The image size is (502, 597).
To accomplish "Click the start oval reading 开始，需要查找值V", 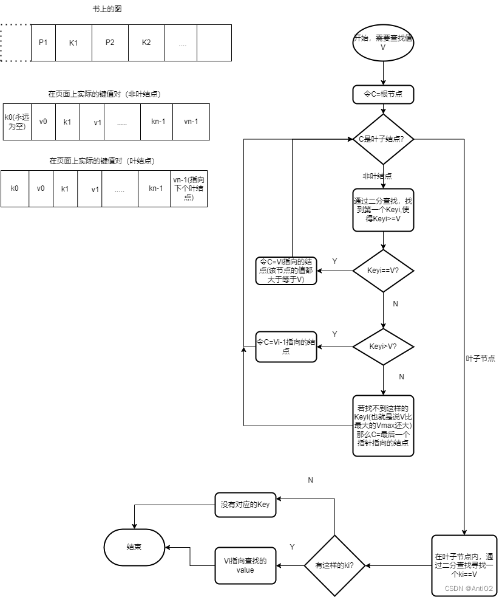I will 383,43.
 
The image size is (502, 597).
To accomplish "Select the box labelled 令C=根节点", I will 383,94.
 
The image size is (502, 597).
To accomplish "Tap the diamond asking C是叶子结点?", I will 383,139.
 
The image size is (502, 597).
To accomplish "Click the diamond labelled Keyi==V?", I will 383,270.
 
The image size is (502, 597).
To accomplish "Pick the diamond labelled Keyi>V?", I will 383,347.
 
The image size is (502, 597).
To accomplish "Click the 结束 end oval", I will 134,547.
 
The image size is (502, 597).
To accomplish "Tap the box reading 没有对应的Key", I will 245,505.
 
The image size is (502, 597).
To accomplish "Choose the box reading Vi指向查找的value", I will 245,565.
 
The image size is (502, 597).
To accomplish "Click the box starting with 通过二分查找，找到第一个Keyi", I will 383,209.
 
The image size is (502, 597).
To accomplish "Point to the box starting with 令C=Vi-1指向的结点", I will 285,347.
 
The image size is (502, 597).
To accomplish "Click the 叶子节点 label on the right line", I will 480,359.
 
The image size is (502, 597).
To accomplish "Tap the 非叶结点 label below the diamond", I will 377,176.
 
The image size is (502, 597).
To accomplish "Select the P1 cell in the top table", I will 43,43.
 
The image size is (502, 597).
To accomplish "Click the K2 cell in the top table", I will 146,43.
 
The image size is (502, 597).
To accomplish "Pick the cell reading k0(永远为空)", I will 17,122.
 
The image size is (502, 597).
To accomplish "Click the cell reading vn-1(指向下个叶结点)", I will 189,188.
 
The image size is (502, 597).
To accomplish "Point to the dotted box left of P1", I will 15,43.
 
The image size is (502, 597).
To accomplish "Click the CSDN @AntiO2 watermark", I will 468,588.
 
